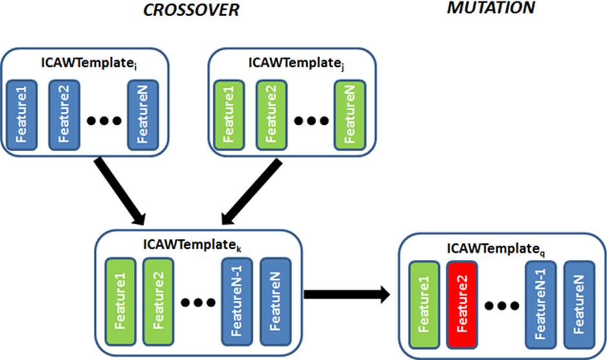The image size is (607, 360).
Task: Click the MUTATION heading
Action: pyautogui.click(x=492, y=8)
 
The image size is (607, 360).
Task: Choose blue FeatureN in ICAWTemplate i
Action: pyautogui.click(x=142, y=115)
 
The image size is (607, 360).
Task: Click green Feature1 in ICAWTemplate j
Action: pyautogui.click(x=228, y=115)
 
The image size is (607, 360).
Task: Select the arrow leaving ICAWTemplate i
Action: pyautogui.click(x=120, y=191)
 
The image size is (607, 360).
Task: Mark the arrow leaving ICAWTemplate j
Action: pyautogui.click(x=253, y=191)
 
